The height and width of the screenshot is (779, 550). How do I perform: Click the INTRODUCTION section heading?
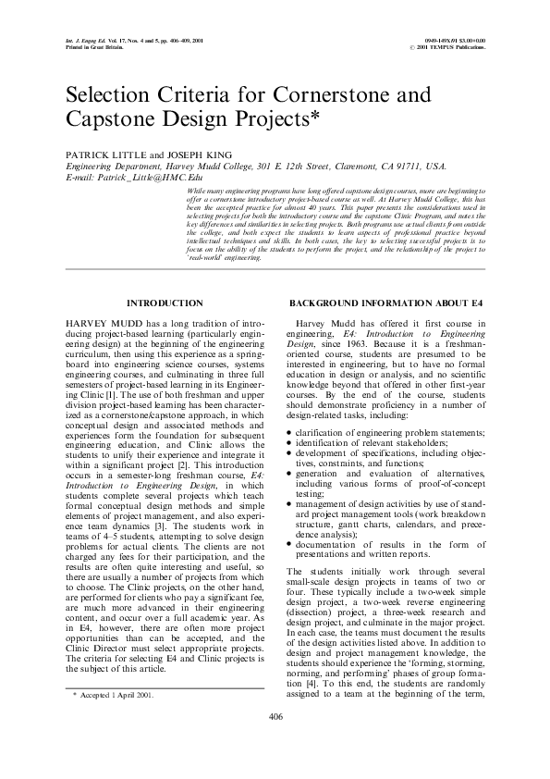(164, 303)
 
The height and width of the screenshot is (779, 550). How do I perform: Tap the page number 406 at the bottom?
(275, 717)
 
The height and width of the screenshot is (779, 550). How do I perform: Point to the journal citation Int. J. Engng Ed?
(85, 41)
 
